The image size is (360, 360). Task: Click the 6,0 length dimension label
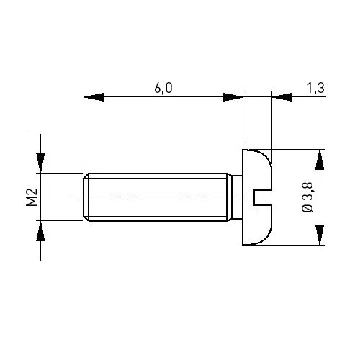(x=163, y=88)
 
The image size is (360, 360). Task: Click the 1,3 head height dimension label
(x=316, y=88)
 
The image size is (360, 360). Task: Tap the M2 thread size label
(x=32, y=197)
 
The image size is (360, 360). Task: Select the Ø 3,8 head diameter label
(x=307, y=197)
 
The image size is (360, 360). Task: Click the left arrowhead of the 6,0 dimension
(x=94, y=97)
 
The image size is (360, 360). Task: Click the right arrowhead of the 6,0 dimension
(x=233, y=97)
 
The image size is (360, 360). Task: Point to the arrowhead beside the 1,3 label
(x=282, y=97)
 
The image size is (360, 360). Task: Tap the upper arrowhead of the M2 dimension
(x=40, y=162)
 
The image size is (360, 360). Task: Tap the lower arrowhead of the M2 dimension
(x=40, y=231)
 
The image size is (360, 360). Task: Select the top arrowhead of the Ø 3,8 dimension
(x=320, y=160)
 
